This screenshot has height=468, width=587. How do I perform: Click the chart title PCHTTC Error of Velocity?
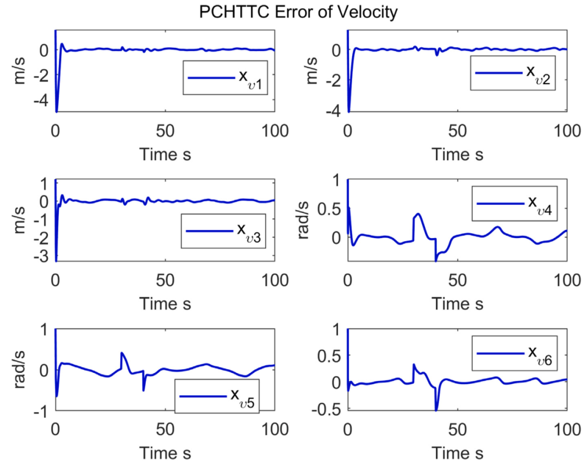coord(298,12)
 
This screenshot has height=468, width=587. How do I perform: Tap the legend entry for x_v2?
coord(513,73)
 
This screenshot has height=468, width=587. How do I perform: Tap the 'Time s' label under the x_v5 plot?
coord(165,452)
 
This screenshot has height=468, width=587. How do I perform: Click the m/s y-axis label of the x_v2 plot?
coord(311,71)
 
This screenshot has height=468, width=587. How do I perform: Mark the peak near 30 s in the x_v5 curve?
coord(122,353)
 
